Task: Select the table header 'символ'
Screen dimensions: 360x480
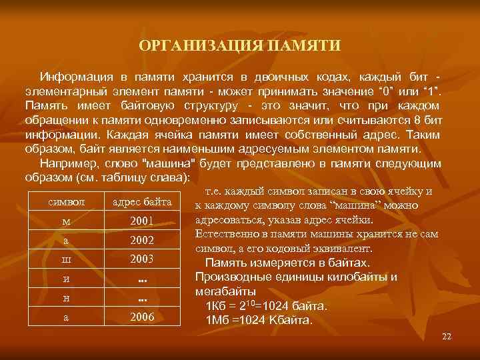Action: tap(65, 201)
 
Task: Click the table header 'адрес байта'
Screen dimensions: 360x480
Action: tap(142, 201)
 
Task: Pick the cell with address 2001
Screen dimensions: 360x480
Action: tap(142, 221)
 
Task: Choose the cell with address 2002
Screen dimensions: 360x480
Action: tap(142, 240)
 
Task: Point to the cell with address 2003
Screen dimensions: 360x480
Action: tap(142, 259)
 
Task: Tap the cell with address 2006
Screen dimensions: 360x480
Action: tap(142, 317)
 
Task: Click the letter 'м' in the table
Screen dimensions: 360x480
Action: tap(65, 221)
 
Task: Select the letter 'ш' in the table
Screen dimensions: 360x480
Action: tap(65, 259)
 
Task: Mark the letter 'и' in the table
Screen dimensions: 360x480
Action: tap(65, 279)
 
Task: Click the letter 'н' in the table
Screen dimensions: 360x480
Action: tap(65, 298)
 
